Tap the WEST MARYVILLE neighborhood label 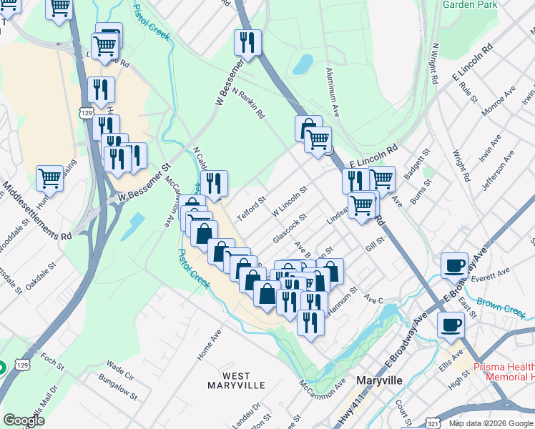(236, 380)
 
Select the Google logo (24, 420)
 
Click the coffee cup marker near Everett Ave (454, 267)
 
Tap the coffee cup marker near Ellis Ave (451, 326)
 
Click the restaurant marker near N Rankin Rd (247, 44)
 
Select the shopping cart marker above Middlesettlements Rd (49, 178)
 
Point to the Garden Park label (470, 4)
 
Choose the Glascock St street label (290, 227)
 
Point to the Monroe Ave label (499, 103)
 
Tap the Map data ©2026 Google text (491, 423)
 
